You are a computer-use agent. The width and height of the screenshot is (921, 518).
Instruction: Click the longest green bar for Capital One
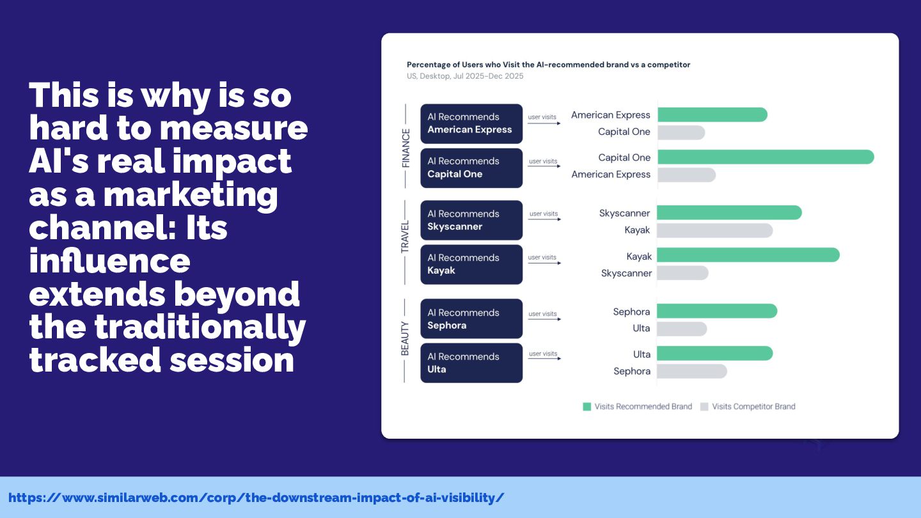(x=766, y=157)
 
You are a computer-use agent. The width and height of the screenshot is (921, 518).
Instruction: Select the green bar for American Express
(x=712, y=114)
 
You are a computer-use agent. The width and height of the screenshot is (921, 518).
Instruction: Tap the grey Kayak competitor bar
(x=714, y=231)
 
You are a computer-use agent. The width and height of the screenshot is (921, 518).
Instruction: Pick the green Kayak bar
(x=748, y=255)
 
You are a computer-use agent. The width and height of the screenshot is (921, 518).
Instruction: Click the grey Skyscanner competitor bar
(x=682, y=273)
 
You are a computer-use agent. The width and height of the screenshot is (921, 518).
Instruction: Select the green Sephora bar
(x=717, y=311)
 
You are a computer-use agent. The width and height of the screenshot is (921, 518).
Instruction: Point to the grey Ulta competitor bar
(x=682, y=329)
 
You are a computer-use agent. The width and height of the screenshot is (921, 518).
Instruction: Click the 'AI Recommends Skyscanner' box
(x=471, y=220)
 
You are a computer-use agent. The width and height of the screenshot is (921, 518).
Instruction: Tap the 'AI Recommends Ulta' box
(x=471, y=363)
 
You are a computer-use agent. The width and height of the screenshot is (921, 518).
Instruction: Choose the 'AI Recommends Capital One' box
(x=471, y=168)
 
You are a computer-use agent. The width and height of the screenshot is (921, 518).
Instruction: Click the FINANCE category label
(x=405, y=148)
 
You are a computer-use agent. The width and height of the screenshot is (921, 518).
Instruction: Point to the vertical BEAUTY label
(x=405, y=338)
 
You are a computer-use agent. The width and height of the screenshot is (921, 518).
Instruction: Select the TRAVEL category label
(x=405, y=237)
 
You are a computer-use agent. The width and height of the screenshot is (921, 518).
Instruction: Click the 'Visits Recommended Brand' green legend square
(x=586, y=407)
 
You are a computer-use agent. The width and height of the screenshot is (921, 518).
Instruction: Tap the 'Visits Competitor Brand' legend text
(x=753, y=407)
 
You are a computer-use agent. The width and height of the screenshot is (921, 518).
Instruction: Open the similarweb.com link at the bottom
(x=256, y=498)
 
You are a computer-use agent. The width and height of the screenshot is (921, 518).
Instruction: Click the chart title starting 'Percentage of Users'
(x=549, y=65)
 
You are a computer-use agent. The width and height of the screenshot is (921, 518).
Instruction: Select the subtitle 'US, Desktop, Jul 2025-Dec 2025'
(x=465, y=76)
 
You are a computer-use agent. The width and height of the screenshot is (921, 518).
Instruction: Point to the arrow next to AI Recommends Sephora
(x=544, y=319)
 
